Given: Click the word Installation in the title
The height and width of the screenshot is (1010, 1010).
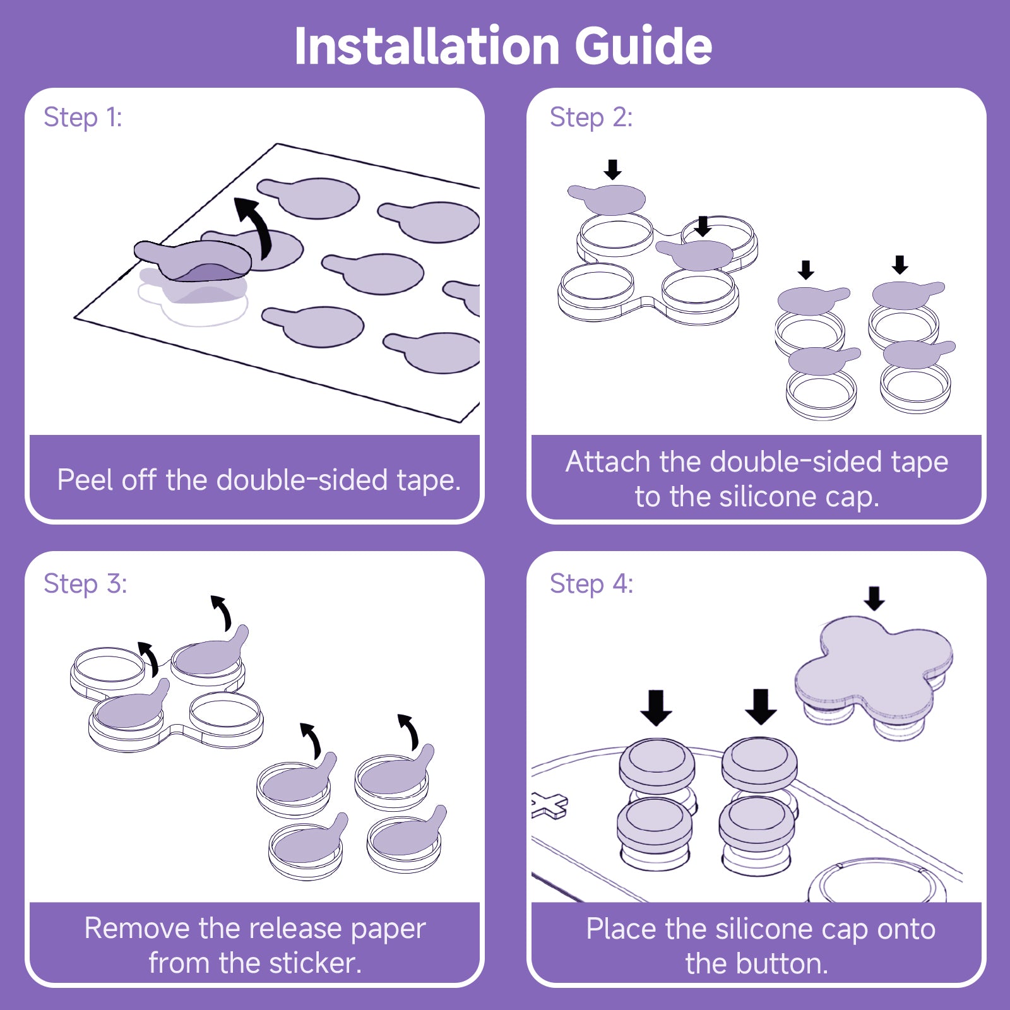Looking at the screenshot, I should [427, 47].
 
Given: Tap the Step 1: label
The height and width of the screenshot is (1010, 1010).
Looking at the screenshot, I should [83, 117].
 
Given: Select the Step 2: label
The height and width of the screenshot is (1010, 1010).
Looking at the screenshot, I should [591, 117].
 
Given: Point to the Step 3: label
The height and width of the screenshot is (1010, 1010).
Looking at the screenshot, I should [85, 584].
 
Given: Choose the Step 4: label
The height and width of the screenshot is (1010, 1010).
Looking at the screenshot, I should [591, 584].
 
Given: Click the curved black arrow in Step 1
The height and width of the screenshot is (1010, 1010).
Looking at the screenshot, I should [255, 224].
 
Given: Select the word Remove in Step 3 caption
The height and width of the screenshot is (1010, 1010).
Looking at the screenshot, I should [137, 929].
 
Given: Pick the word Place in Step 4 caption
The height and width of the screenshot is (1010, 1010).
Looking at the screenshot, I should [621, 929].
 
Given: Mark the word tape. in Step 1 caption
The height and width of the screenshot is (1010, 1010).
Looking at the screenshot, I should [429, 481].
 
